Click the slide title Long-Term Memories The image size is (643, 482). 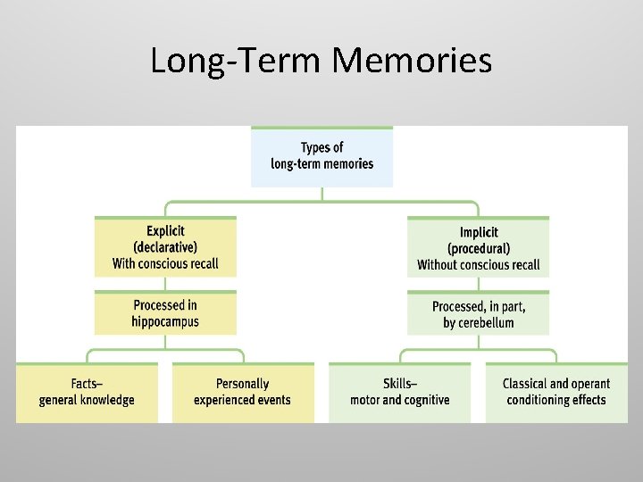pyautogui.click(x=321, y=61)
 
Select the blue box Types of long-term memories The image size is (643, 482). pyautogui.click(x=321, y=156)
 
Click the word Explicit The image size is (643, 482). pyautogui.click(x=165, y=230)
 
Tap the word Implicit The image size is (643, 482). pyautogui.click(x=479, y=232)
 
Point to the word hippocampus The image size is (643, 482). pyautogui.click(x=165, y=321)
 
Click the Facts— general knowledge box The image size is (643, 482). pyautogui.click(x=87, y=392)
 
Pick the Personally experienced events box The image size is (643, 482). pyautogui.click(x=242, y=392)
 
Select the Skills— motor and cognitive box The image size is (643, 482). pyautogui.click(x=399, y=392)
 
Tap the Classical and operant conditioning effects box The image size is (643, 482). pyautogui.click(x=555, y=392)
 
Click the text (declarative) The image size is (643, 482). pyautogui.click(x=165, y=247)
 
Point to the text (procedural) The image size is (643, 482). pyautogui.click(x=479, y=248)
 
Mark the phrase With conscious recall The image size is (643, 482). pyautogui.click(x=165, y=263)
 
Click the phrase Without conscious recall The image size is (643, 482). pyautogui.click(x=479, y=264)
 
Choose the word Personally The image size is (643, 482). pyautogui.click(x=242, y=384)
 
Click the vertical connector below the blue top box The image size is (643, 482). pyautogui.click(x=321, y=194)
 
